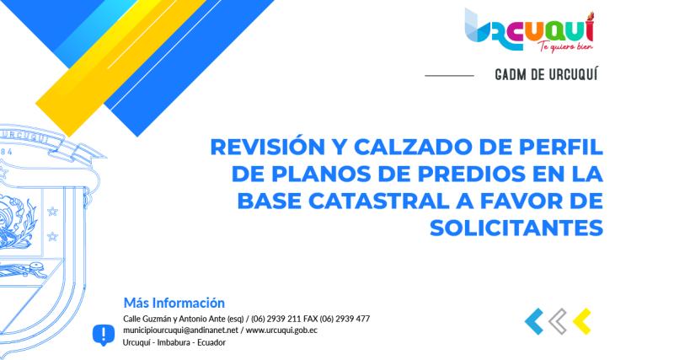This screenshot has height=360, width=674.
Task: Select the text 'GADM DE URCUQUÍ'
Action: [548, 75]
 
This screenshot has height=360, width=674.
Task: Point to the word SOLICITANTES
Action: [516, 228]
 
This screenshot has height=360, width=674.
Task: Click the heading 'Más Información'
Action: [174, 302]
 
